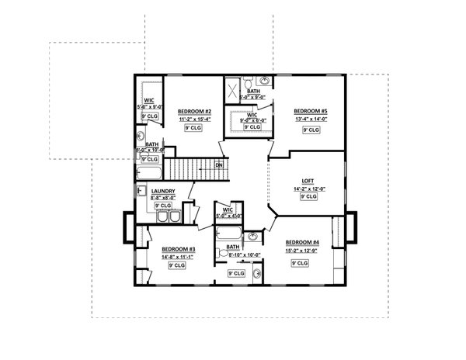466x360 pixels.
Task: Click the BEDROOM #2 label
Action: coord(189,111)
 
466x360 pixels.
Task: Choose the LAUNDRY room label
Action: coord(163,192)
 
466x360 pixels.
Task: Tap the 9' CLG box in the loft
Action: coord(308,197)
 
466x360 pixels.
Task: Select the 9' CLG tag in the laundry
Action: coord(162,206)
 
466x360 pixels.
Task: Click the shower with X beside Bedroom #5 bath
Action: coord(232,89)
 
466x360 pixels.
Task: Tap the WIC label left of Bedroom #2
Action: coord(148,99)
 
